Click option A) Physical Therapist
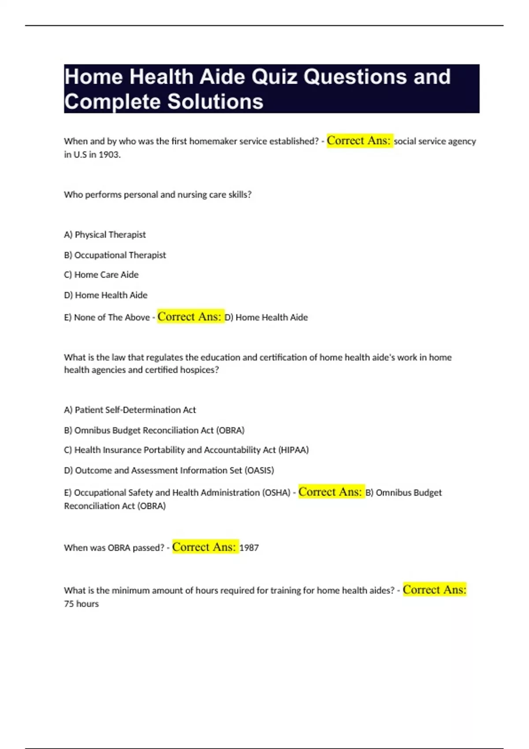coord(105,235)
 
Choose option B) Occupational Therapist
coord(115,255)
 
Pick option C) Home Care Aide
coord(101,275)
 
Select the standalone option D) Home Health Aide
coord(106,295)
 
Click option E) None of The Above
coord(107,318)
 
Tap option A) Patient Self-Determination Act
coord(130,410)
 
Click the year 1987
coord(249,548)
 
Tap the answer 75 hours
coord(82,604)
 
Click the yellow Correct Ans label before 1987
coord(205,547)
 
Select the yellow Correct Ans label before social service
coord(359,141)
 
